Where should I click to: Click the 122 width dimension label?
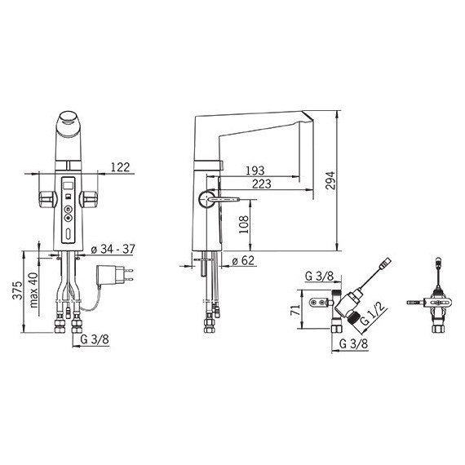point(120,167)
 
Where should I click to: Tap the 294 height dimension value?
point(330,180)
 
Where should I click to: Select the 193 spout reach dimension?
point(255,170)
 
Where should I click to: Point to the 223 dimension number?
point(262,184)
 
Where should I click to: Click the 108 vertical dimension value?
point(244,224)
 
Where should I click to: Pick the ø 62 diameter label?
point(243,261)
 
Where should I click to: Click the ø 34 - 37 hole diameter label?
point(113,249)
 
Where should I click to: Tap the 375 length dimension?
point(17,290)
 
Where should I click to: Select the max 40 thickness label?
point(33,290)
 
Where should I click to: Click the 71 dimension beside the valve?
point(295,310)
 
